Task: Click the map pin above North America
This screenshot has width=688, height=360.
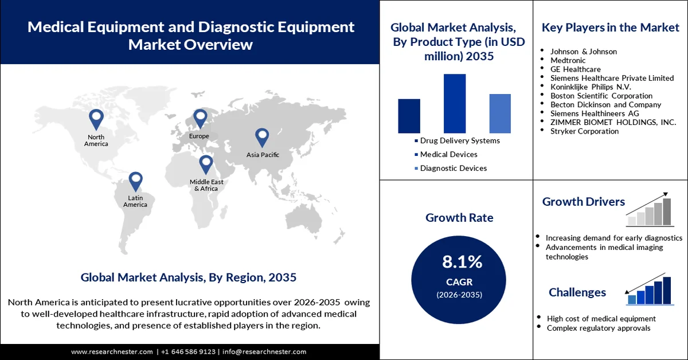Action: (x=96, y=119)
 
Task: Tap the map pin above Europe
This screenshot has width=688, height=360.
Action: (x=200, y=118)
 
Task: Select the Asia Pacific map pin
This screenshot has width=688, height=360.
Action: (x=262, y=136)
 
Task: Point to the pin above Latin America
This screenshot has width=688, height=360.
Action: (x=135, y=181)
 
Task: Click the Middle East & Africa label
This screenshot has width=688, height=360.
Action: (x=206, y=185)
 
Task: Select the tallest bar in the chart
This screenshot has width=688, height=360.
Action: (x=455, y=103)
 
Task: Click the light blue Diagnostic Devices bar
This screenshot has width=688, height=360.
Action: (x=500, y=114)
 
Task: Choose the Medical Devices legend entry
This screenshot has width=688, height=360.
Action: (x=448, y=154)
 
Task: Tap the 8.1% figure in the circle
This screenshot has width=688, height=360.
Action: (x=462, y=262)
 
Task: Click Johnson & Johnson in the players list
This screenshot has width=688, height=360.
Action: (x=583, y=52)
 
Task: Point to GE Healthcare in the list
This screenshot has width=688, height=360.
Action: (x=576, y=69)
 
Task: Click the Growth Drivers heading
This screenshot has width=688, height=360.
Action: (x=583, y=201)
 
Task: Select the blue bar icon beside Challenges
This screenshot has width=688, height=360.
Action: (x=649, y=291)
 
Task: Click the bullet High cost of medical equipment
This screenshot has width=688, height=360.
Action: (x=601, y=318)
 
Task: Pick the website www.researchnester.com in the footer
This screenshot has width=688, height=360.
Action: (x=112, y=351)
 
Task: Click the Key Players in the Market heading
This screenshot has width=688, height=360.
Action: (x=611, y=27)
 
